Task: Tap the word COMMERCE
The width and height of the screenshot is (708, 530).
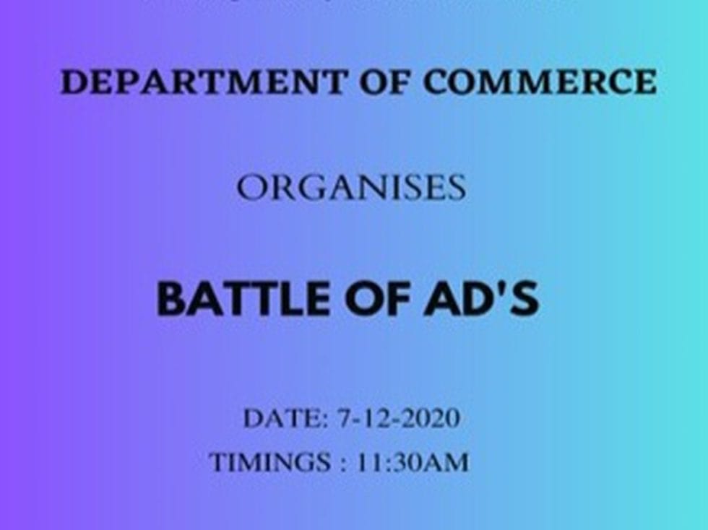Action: pyautogui.click(x=539, y=82)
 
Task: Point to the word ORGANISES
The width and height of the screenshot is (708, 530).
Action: pyautogui.click(x=351, y=189)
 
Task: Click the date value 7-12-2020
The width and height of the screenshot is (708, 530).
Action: pyautogui.click(x=398, y=419)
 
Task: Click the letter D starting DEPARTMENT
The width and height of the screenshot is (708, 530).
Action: pyautogui.click(x=73, y=82)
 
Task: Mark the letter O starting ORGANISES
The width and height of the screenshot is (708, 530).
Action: pyautogui.click(x=251, y=189)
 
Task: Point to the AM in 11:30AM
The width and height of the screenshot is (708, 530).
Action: pyautogui.click(x=449, y=462)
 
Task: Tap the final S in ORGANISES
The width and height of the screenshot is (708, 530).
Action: pyautogui.click(x=455, y=189)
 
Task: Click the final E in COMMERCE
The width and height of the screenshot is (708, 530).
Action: pyautogui.click(x=645, y=82)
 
